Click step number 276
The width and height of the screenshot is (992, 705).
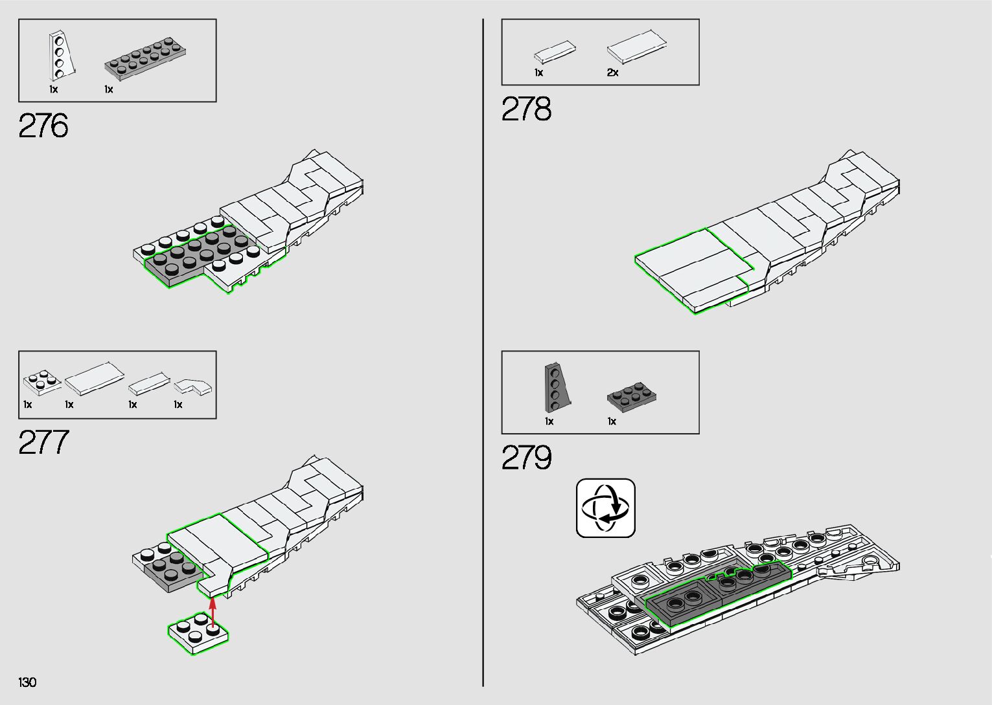point(43,126)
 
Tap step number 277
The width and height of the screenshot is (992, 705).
point(43,443)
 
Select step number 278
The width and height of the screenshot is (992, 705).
point(526,109)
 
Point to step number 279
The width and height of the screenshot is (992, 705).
point(526,458)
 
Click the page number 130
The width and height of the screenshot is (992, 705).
point(28,682)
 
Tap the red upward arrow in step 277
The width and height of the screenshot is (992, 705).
point(213,612)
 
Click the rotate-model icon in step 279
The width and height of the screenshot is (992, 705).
point(606,508)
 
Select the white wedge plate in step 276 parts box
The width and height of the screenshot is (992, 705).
point(60,56)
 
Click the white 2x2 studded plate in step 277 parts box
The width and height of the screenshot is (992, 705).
point(42,382)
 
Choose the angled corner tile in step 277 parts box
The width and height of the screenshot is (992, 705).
point(193,386)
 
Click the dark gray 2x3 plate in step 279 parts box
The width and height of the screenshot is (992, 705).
point(632,397)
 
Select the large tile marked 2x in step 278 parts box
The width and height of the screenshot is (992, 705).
point(637,49)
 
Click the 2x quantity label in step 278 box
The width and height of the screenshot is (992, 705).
point(612,73)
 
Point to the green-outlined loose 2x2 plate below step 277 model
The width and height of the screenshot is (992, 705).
point(198,633)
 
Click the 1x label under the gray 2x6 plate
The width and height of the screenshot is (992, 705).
point(109,89)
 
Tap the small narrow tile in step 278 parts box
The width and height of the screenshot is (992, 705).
point(555,52)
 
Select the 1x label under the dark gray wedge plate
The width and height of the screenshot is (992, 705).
point(549,421)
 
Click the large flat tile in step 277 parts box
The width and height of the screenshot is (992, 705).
point(95,379)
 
